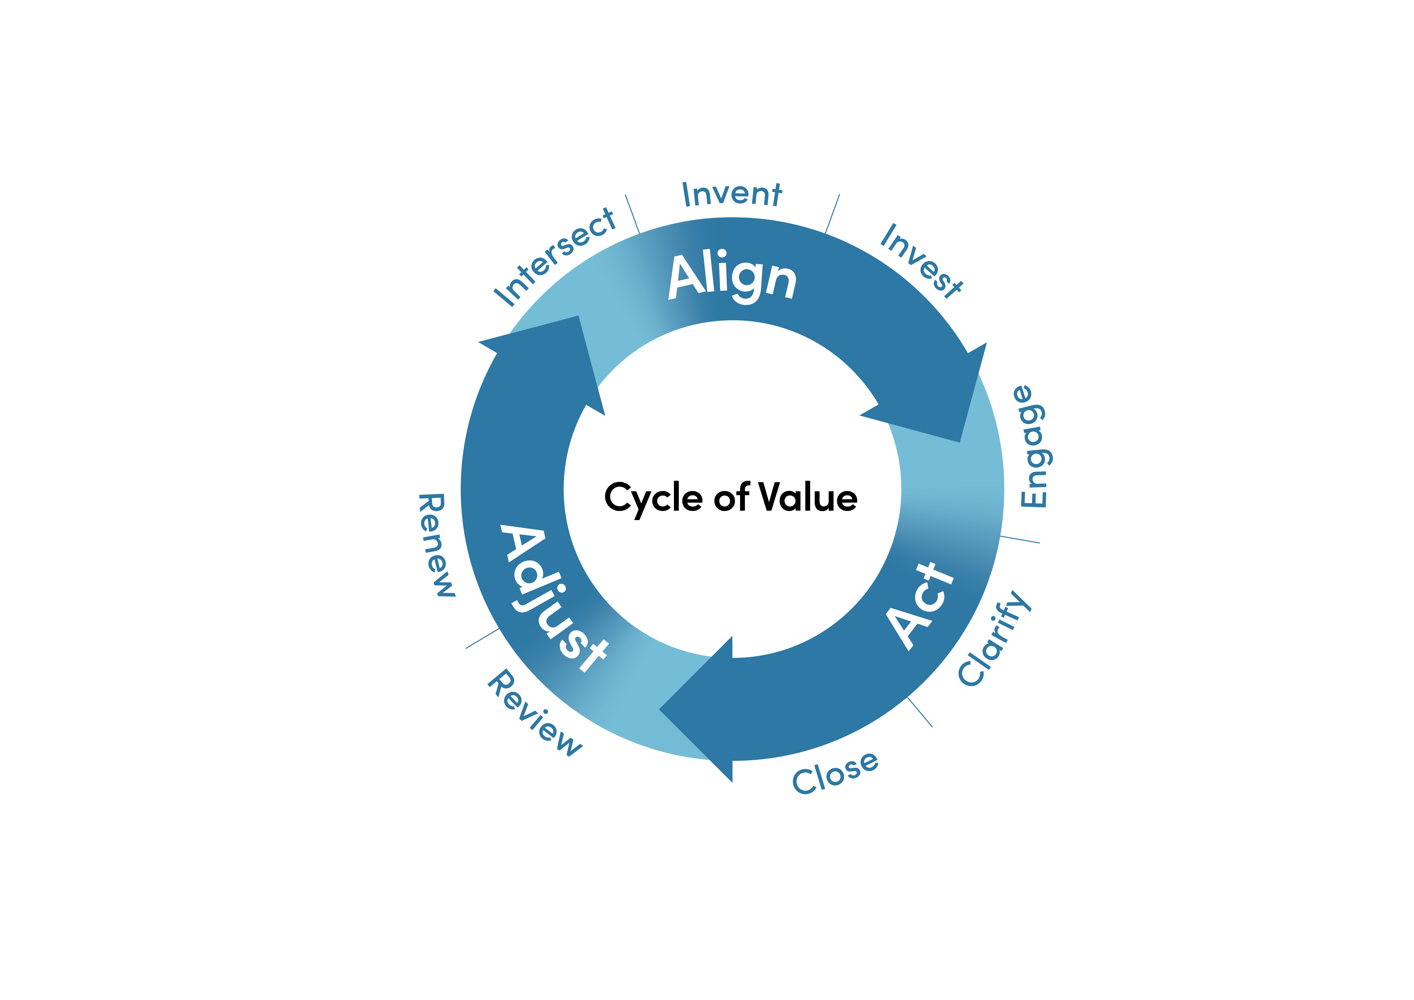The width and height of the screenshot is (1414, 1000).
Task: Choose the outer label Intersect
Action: coord(554,257)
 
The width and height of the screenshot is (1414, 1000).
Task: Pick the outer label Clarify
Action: coord(995,637)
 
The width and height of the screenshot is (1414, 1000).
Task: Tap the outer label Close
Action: coord(835,773)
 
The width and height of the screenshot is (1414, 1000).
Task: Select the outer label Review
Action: coord(535,712)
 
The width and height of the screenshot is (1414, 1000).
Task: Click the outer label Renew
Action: coord(436,545)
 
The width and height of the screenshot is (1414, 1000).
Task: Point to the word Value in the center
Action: coord(808,496)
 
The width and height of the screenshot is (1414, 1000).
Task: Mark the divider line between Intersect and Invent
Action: coord(633,214)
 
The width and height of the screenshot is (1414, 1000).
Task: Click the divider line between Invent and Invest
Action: coord(832,214)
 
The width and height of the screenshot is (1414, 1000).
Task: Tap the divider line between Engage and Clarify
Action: coord(1020,539)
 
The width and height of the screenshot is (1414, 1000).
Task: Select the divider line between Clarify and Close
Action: coord(920,712)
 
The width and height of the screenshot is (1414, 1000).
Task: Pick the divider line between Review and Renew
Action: coord(482,639)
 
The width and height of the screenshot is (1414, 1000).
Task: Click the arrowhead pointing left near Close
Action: coord(696,709)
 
